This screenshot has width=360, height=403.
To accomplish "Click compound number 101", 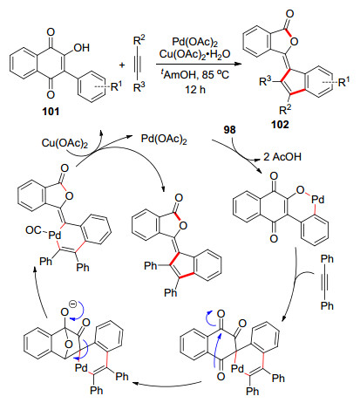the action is [51, 112].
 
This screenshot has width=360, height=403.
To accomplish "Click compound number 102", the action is [281, 125].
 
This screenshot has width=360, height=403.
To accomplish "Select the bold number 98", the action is [229, 130].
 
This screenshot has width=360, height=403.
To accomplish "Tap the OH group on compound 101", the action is [82, 48].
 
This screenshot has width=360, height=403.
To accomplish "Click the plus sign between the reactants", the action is [122, 65].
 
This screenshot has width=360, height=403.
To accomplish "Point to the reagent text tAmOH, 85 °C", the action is [195, 75].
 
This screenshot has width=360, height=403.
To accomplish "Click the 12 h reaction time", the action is [195, 89].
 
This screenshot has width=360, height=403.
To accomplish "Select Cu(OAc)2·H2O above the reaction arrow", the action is [194, 54].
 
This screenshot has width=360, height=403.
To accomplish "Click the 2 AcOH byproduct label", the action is [282, 157].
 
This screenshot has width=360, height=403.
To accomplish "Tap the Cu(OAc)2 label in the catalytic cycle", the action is [65, 143].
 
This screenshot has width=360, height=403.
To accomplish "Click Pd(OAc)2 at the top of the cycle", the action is [164, 139].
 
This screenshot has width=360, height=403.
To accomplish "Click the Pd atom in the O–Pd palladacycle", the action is [317, 200].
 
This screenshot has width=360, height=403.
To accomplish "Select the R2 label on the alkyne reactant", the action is [139, 40].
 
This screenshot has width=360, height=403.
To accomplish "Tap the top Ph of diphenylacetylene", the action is [327, 259].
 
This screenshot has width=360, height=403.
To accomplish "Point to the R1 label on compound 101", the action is [117, 86].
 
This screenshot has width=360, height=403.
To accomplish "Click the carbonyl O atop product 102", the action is [289, 14].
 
